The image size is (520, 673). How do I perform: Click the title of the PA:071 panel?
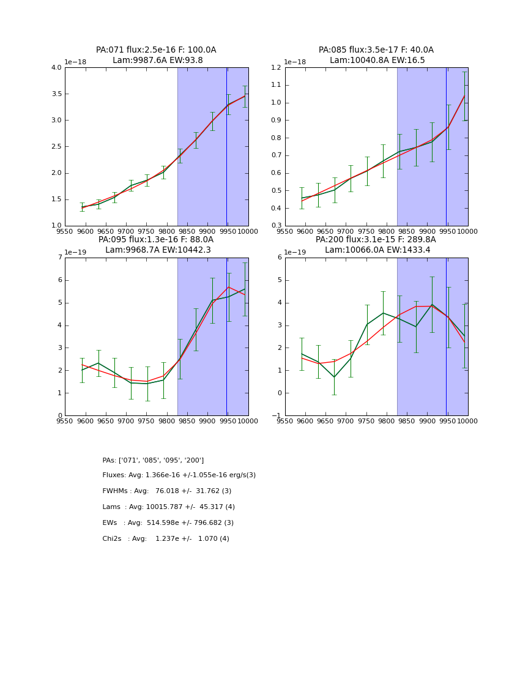tap(156, 50)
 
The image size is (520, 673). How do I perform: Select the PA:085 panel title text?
tap(376, 50)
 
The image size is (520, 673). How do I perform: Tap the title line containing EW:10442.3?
tap(158, 250)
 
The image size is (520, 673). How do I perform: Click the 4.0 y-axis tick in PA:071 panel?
tap(56, 68)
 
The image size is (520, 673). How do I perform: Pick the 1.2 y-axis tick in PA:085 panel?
tap(277, 68)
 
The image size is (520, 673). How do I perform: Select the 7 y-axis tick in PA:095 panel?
tap(59, 258)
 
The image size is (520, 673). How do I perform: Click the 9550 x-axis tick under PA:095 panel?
tap(65, 421)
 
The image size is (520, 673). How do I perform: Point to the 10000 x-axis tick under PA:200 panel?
tap(467, 421)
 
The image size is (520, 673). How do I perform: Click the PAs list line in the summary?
tap(153, 460)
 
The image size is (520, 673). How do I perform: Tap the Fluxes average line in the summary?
tap(179, 475)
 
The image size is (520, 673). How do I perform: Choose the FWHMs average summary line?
tap(166, 491)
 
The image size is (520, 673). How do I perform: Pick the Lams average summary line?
tap(168, 507)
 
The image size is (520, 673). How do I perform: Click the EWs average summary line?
tap(168, 523)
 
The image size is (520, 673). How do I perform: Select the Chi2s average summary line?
tap(166, 539)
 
